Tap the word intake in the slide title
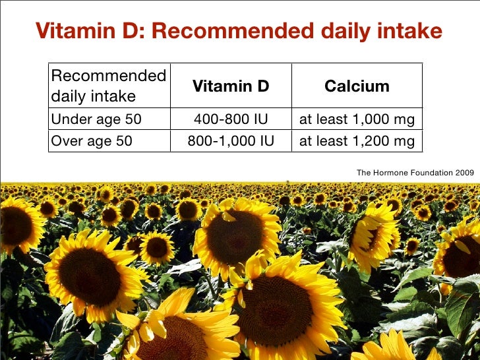(x=408, y=30)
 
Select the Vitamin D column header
(x=231, y=86)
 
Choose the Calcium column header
(x=357, y=86)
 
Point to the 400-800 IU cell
(x=231, y=120)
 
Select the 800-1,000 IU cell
(x=231, y=141)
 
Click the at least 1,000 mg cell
(x=357, y=120)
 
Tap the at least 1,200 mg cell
(x=357, y=141)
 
